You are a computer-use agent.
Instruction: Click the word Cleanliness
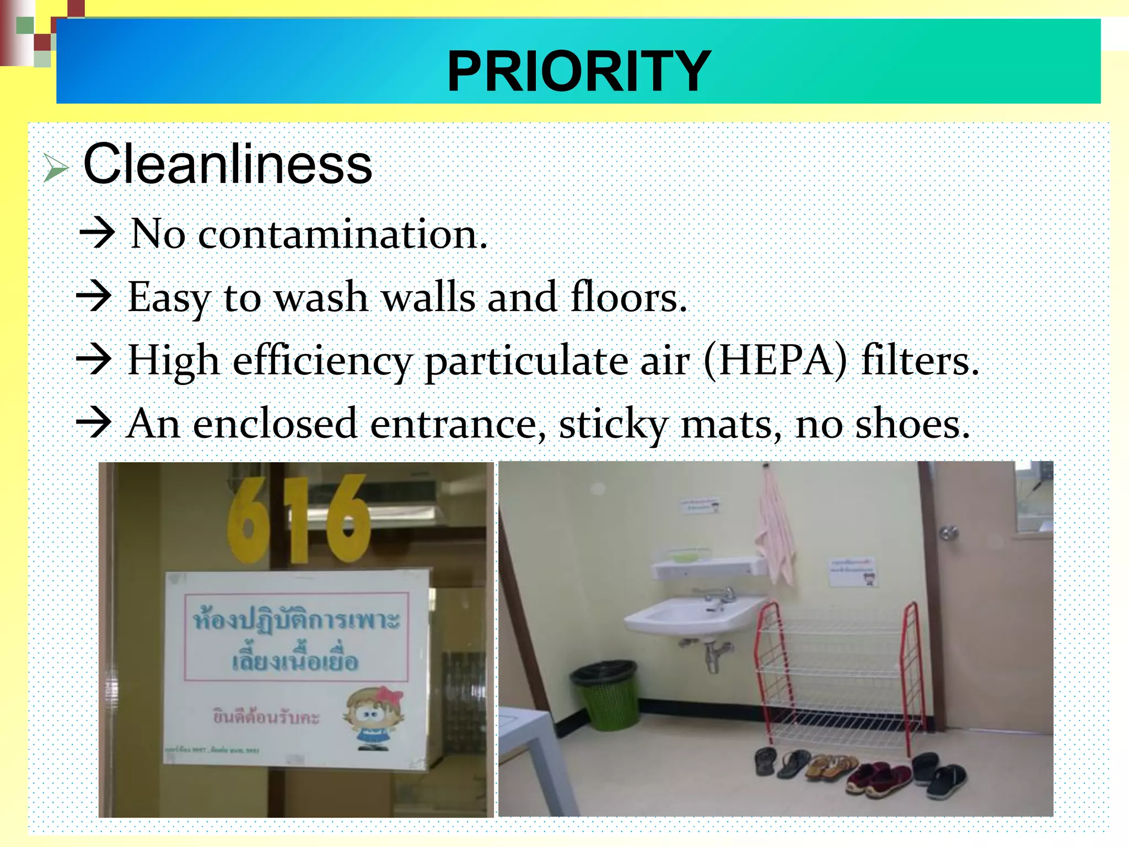pyautogui.click(x=228, y=164)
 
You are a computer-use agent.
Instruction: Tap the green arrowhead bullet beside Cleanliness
pyautogui.click(x=56, y=168)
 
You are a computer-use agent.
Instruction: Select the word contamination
pyautogui.click(x=342, y=234)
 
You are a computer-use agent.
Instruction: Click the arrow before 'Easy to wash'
pyautogui.click(x=94, y=296)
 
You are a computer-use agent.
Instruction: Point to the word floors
pyautogui.click(x=628, y=297)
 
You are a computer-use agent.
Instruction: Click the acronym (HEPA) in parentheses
pyautogui.click(x=775, y=360)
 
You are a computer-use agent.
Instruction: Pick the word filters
pyautogui.click(x=920, y=360)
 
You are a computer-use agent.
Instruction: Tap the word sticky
pyautogui.click(x=613, y=424)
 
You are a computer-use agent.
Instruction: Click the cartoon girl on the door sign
pyautogui.click(x=372, y=716)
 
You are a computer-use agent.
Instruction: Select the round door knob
pyautogui.click(x=949, y=533)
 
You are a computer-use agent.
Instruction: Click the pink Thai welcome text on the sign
pyautogui.click(x=266, y=717)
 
